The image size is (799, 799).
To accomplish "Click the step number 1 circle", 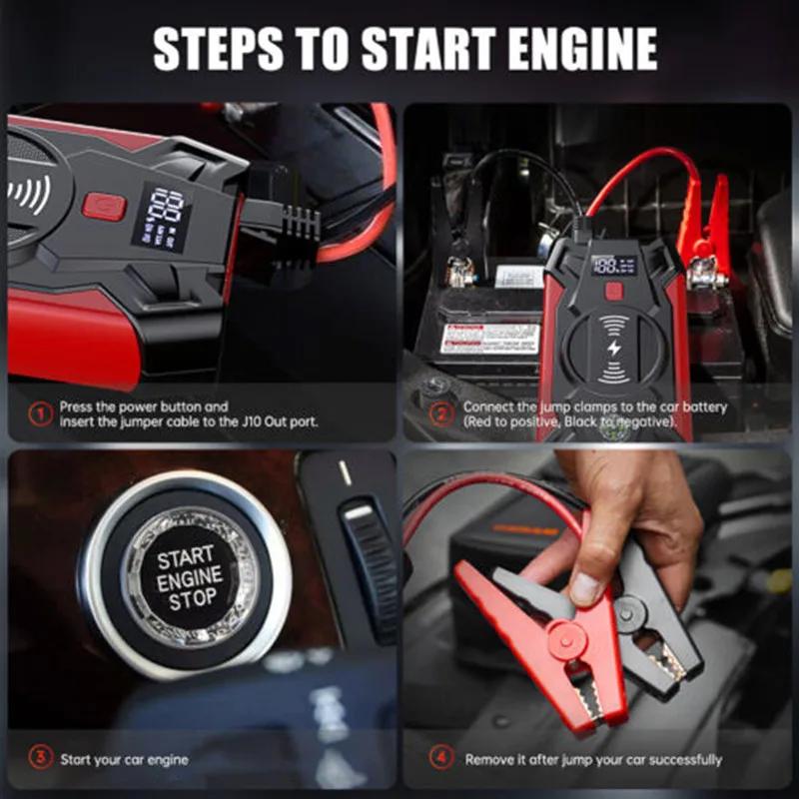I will (x=39, y=413).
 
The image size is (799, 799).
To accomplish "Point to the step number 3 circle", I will (x=39, y=759).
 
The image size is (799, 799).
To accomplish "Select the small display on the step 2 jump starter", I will (x=613, y=265).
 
